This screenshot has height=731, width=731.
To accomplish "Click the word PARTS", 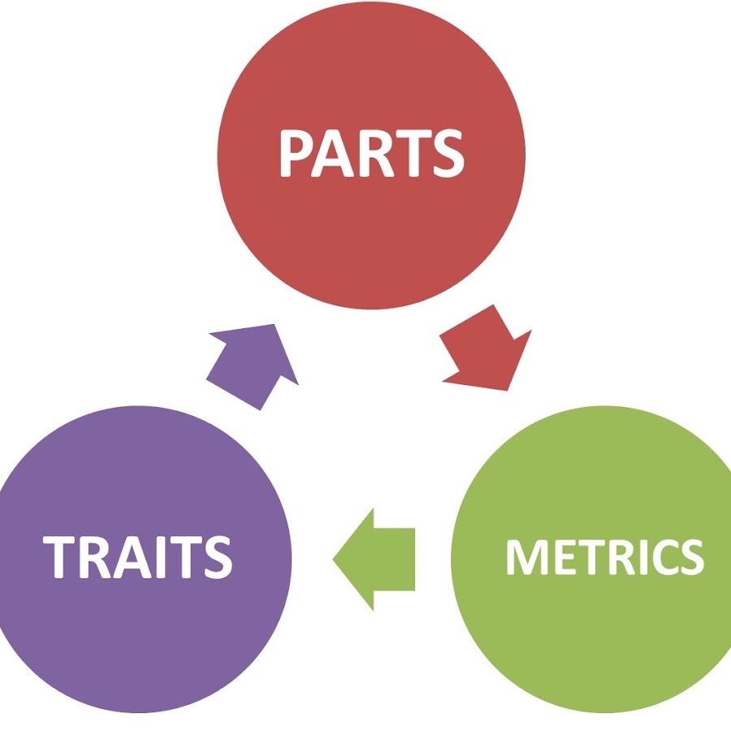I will pos(371,154).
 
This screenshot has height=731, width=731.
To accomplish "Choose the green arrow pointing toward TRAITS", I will pos(378,559).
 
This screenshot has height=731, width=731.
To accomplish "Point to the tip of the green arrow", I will pos(335,559).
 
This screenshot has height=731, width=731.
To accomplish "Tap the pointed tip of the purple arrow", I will pos(275,326).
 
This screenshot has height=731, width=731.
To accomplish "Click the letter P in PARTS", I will pos(296,154).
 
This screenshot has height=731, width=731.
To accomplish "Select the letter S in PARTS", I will pos(447,154).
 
